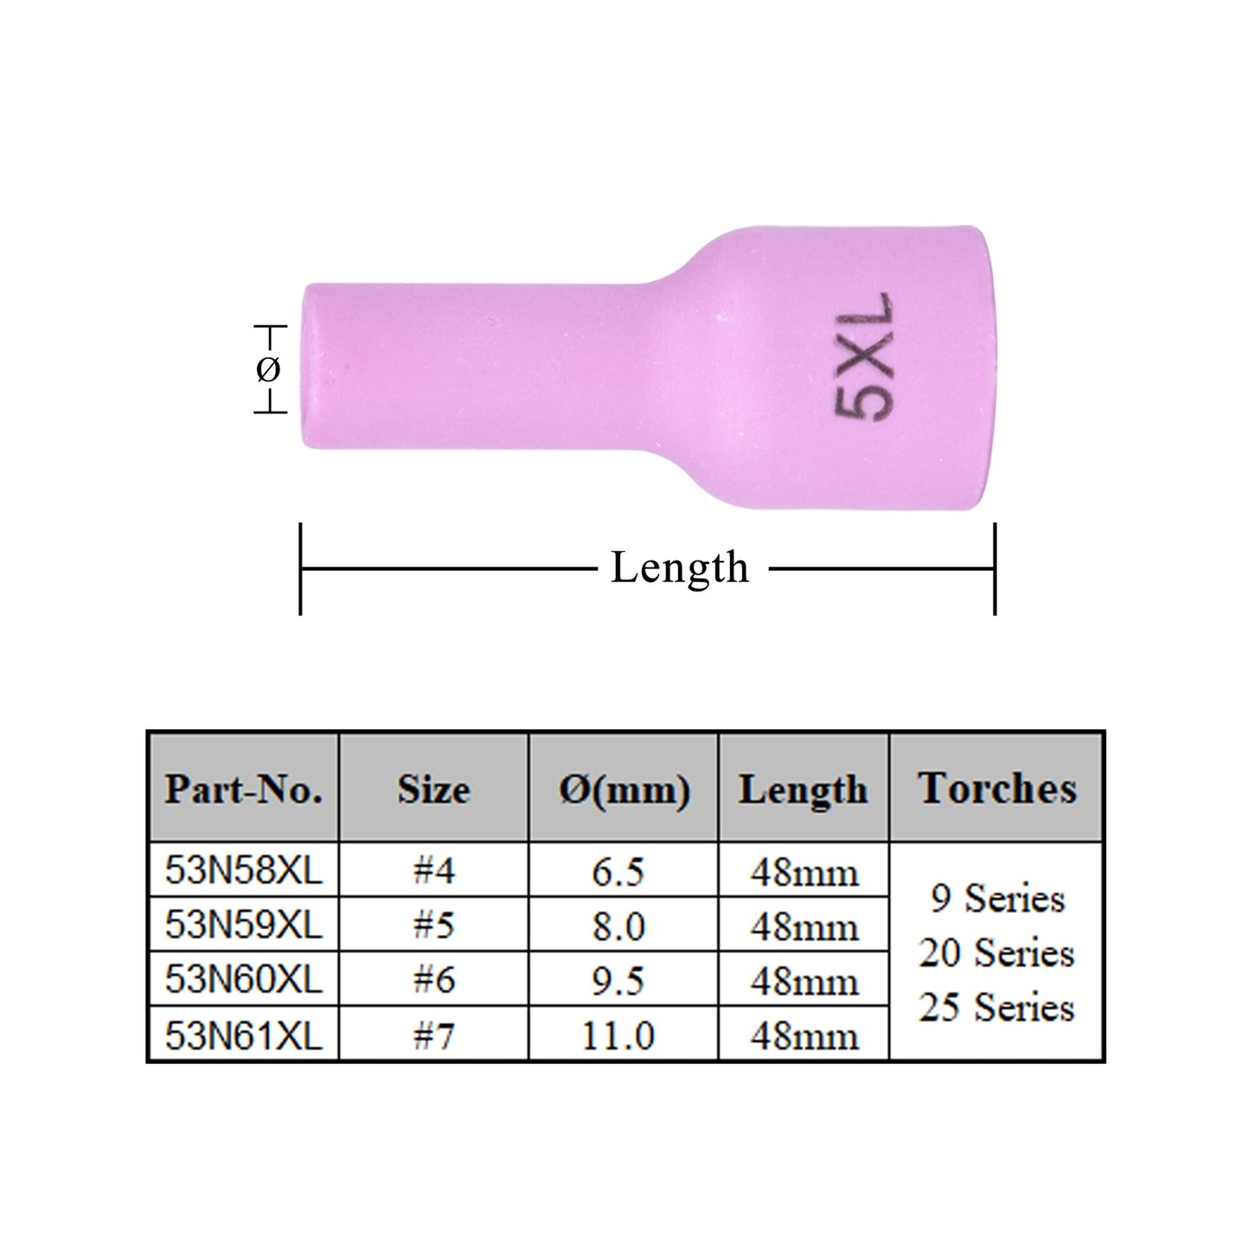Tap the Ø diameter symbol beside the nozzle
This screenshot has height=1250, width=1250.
coord(268,370)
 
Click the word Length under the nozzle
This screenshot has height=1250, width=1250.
coord(680,568)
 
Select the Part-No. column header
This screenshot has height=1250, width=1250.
coord(244,789)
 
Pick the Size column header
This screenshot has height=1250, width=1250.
coord(433,789)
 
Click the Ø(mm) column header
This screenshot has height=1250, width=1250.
coord(624,789)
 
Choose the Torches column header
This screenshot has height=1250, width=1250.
coord(997,788)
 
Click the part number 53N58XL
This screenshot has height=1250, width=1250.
coord(243,871)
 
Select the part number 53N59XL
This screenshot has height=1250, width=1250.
coord(243,926)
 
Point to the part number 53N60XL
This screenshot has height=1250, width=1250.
coord(243,980)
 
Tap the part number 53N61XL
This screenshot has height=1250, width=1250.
coord(243,1035)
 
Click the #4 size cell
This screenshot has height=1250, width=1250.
coord(433,871)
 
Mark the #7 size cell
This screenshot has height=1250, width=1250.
coord(433,1035)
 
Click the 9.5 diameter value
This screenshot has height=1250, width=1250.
coord(618,981)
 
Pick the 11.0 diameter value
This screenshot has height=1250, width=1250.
coord(618,1035)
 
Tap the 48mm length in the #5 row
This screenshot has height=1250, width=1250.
coord(804,926)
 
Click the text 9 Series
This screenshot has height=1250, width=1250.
coord(997,899)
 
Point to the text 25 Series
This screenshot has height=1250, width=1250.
coord(997,1008)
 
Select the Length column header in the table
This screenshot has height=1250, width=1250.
coord(803,789)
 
